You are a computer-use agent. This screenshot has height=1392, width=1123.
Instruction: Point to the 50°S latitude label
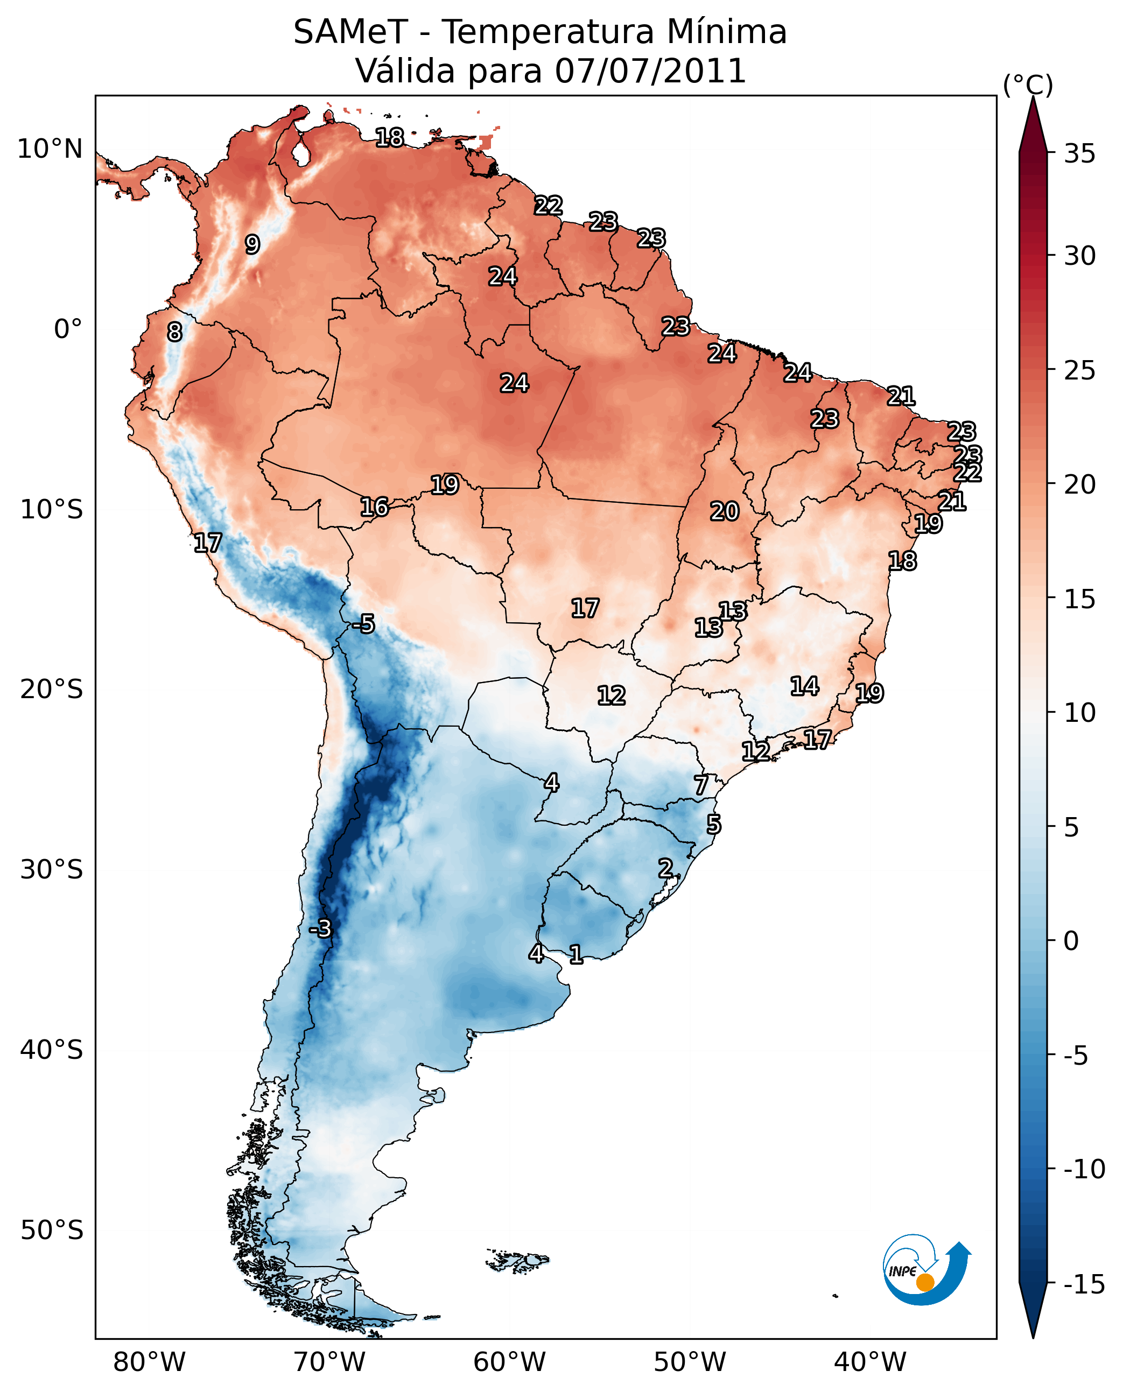click(52, 1231)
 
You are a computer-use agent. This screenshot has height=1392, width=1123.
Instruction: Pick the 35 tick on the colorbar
click(1079, 154)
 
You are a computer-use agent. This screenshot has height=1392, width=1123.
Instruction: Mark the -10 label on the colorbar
click(1084, 1170)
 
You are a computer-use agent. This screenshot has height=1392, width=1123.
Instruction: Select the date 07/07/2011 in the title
click(651, 71)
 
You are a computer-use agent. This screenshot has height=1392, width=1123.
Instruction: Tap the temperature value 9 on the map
click(252, 244)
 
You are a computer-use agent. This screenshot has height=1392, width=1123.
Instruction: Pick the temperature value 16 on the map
click(375, 507)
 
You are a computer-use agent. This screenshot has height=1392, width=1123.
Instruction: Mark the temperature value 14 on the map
click(805, 686)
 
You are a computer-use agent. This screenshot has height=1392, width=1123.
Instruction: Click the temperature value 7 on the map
click(701, 785)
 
